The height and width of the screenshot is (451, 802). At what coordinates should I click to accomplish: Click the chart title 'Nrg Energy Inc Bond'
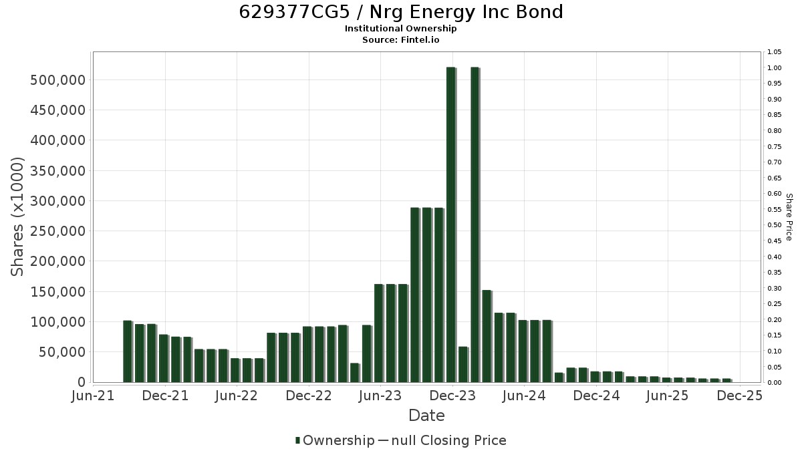466,13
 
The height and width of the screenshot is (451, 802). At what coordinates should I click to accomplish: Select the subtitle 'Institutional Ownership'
400,29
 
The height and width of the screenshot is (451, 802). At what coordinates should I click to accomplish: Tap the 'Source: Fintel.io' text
400,39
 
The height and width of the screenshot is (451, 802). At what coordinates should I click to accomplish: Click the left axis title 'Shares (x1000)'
17,217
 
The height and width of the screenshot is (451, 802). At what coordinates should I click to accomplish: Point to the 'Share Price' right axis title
789,217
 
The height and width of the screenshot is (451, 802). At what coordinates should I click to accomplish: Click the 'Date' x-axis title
426,416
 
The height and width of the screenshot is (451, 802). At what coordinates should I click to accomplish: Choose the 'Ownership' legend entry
335,440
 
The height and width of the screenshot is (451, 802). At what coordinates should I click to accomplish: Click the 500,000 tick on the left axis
58,80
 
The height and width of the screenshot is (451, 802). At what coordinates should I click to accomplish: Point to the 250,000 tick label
58,231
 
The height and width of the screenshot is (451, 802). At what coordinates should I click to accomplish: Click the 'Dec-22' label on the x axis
309,396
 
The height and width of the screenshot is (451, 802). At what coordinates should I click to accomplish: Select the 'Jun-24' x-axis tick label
524,396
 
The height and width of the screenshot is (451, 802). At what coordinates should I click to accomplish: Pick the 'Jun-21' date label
93,396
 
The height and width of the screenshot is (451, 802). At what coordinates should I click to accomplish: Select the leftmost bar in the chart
128,351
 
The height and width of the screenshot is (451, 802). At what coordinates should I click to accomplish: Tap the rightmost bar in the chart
727,380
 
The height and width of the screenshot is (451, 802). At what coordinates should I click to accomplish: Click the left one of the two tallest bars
451,224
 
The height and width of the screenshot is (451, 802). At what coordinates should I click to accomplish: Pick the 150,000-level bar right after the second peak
487,336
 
